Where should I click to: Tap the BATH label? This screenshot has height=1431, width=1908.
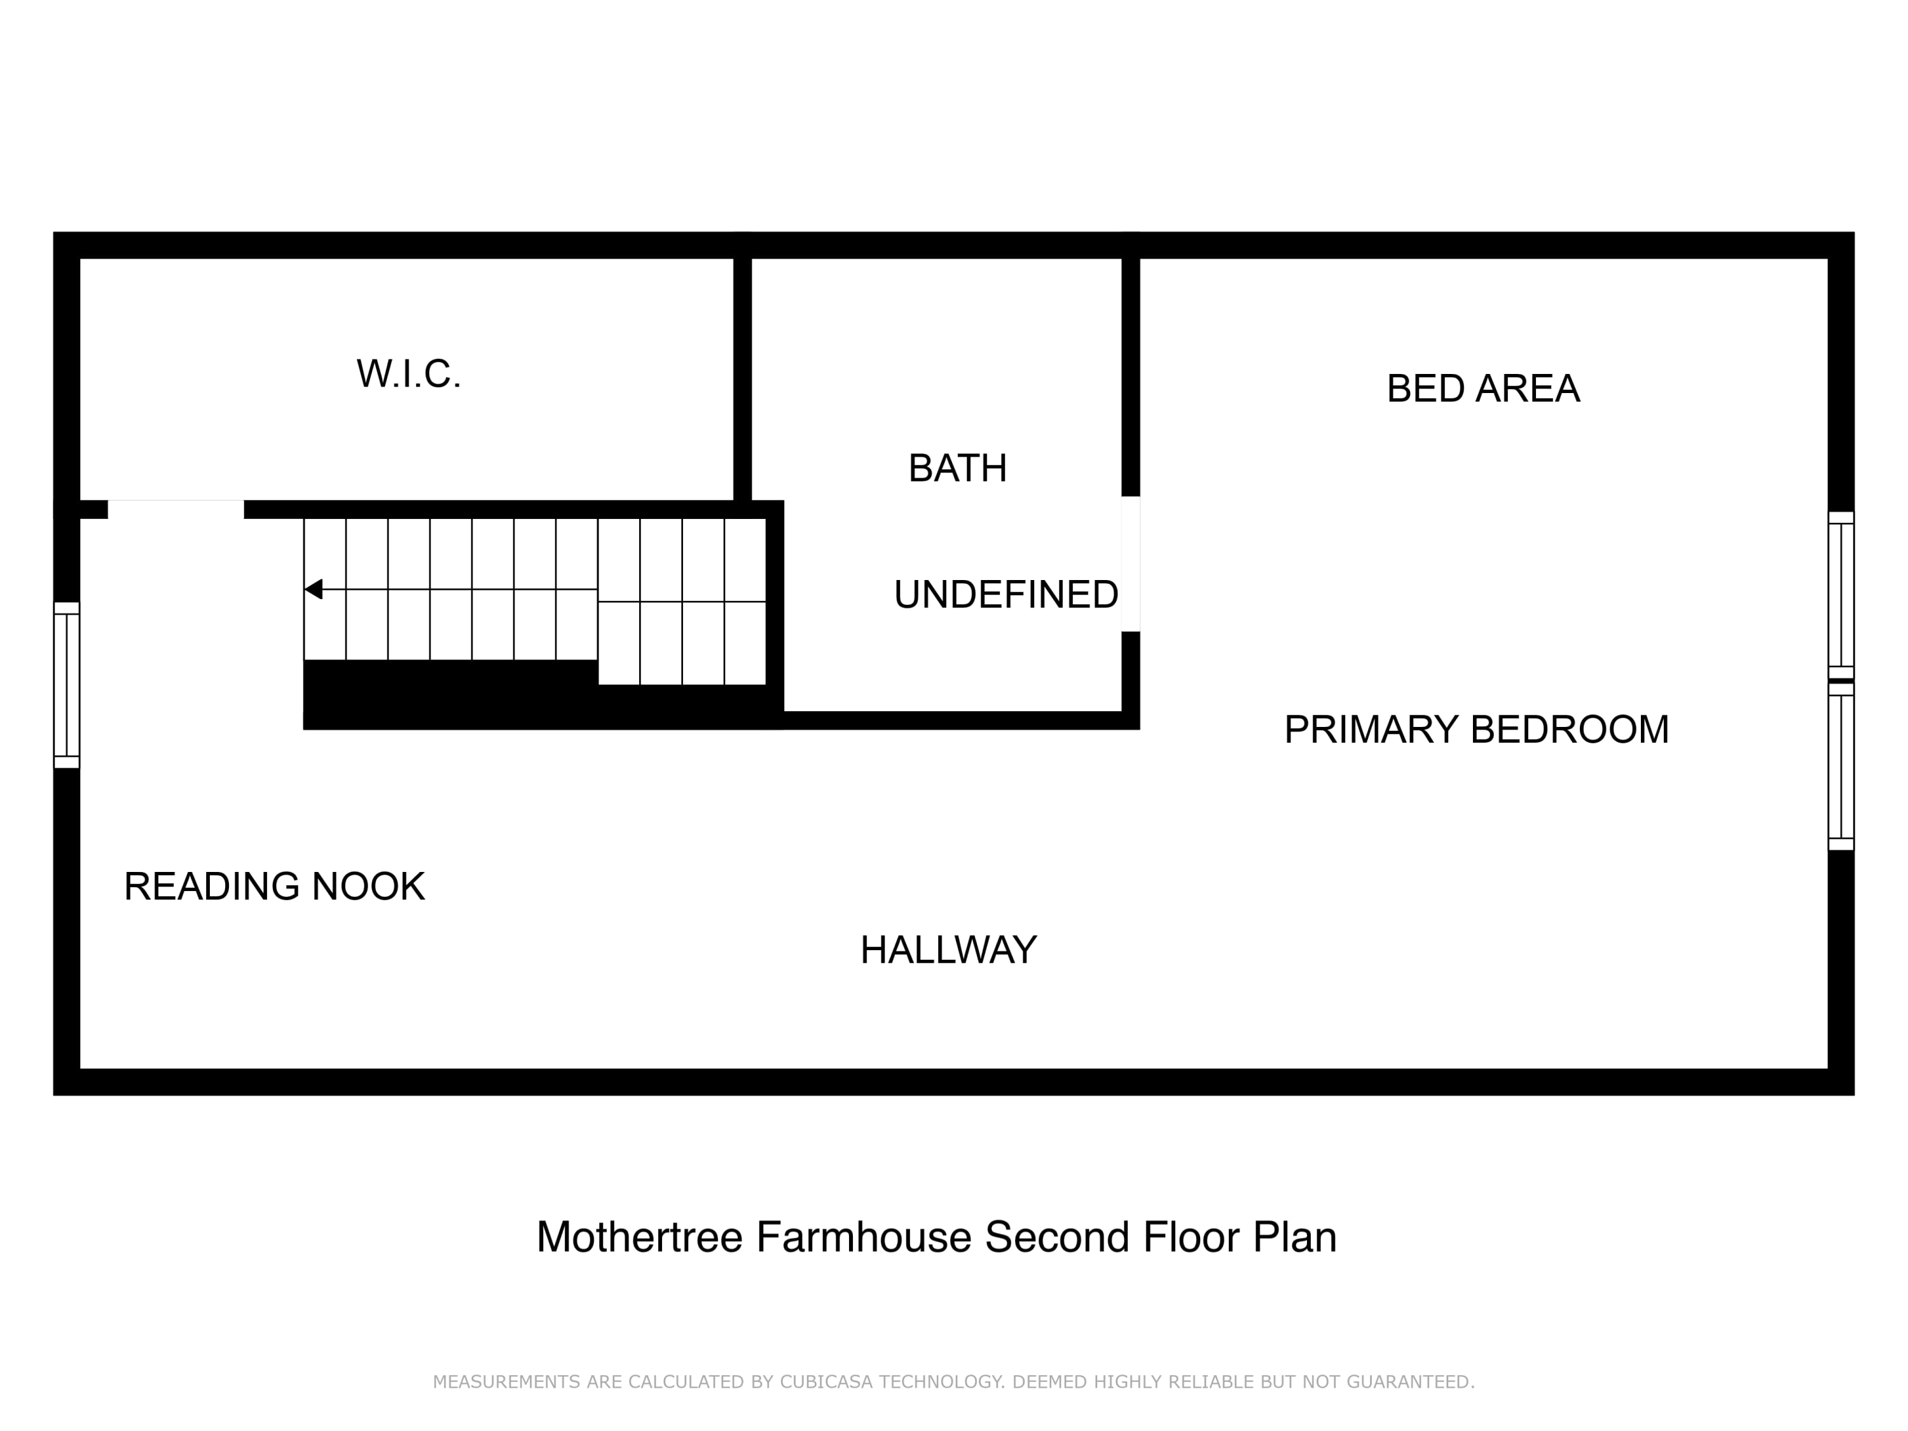pos(957,468)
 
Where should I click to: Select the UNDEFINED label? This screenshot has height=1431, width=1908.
pos(1006,594)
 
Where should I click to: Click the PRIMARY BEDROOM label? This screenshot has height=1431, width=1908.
pos(1477,729)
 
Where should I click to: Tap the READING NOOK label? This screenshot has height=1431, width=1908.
pos(274,887)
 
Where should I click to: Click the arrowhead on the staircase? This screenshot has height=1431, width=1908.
pos(313,589)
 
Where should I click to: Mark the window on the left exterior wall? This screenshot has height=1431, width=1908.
pos(66,685)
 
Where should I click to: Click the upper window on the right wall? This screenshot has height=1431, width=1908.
pos(1841,595)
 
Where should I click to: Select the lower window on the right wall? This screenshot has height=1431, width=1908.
pos(1841,767)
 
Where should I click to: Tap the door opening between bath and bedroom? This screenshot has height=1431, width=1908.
pos(1130,564)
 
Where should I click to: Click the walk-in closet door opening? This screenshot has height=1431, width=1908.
pos(176,509)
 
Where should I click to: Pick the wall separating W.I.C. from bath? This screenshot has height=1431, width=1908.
pos(742,380)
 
